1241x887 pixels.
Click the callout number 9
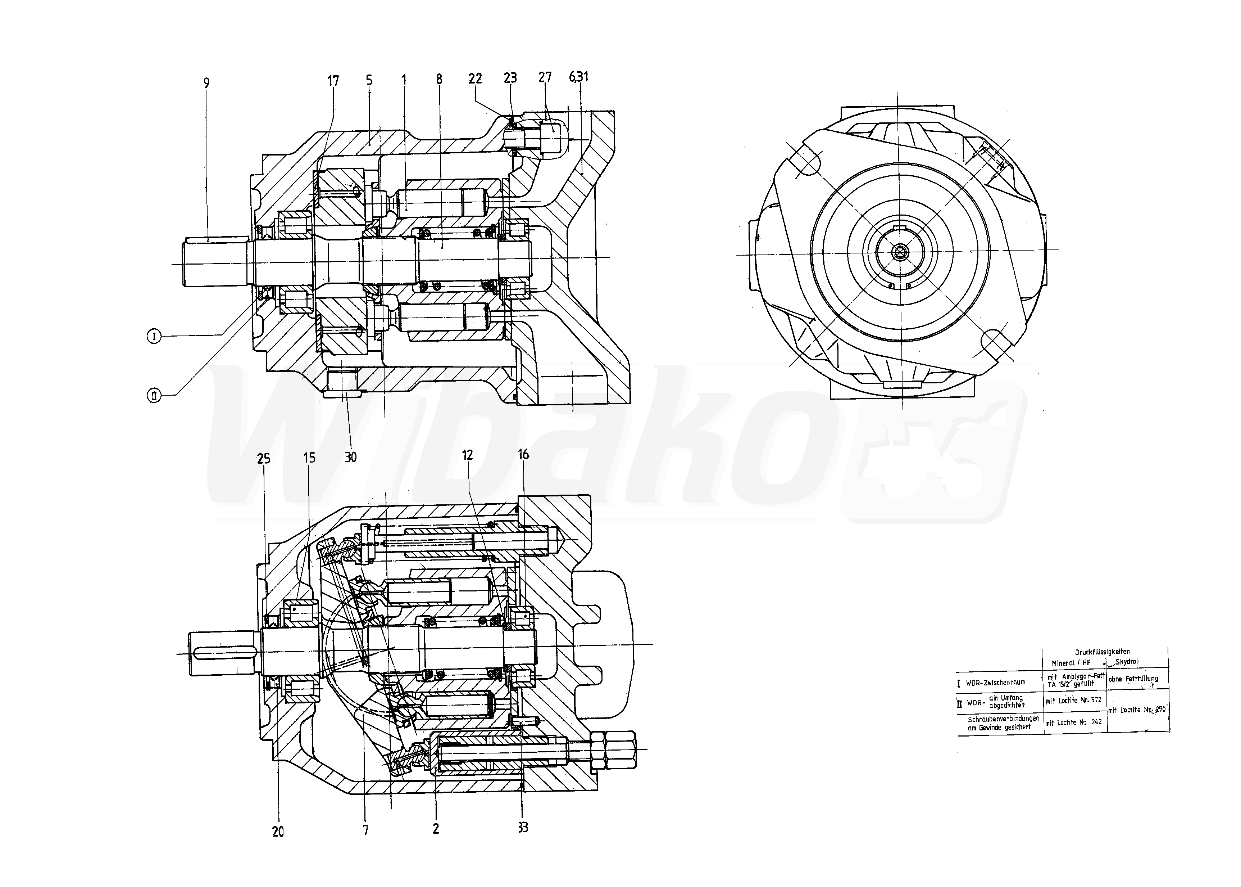[206, 84]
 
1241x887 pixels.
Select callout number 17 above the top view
[333, 81]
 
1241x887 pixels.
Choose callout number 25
[264, 459]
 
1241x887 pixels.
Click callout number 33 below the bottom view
[523, 828]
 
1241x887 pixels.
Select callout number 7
[365, 830]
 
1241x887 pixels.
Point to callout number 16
[523, 454]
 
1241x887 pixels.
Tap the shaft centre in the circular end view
[899, 252]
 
